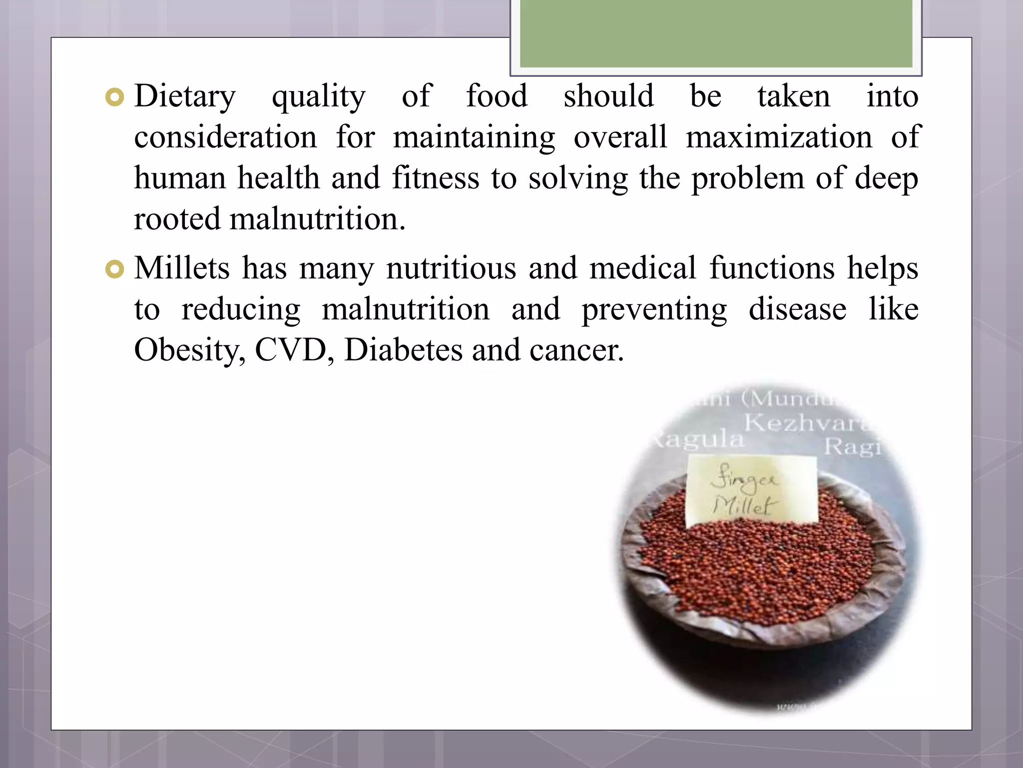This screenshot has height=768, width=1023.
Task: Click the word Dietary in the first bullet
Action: click(185, 96)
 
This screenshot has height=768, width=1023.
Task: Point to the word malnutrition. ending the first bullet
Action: click(318, 219)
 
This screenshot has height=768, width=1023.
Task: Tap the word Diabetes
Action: click(403, 350)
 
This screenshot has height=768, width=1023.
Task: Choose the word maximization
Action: click(779, 137)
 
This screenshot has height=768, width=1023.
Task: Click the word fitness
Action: click(435, 178)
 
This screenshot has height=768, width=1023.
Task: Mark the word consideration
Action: click(225, 137)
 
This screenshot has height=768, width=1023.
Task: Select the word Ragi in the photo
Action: click(852, 446)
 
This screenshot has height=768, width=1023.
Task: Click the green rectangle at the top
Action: click(716, 33)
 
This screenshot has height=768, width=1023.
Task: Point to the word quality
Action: click(318, 97)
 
